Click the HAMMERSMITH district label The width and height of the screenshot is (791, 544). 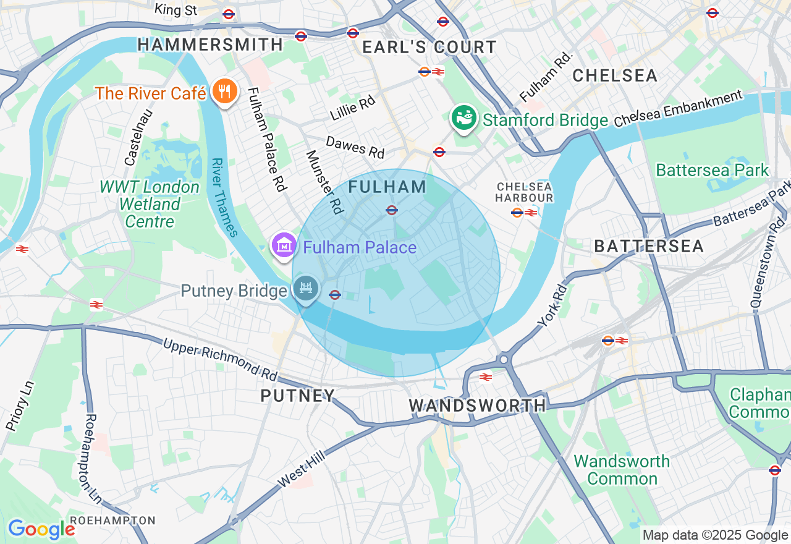point(210,45)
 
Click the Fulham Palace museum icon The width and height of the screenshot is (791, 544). point(284,245)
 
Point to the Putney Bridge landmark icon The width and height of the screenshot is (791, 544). point(305,288)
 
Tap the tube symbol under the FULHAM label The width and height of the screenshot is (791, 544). point(391,210)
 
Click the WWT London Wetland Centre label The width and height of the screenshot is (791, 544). point(150,204)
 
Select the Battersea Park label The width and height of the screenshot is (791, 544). point(712,170)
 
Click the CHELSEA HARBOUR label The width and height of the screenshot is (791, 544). point(525,192)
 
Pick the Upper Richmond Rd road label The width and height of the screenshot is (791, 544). point(220,359)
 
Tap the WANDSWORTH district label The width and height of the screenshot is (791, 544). point(477,406)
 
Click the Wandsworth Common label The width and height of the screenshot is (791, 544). point(622,470)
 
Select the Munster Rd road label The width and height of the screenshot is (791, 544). point(324,182)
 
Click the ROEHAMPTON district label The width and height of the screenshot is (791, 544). point(112,520)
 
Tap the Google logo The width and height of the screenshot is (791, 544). point(41,529)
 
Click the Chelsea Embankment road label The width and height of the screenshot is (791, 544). point(679,109)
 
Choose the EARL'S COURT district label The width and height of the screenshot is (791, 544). point(429,47)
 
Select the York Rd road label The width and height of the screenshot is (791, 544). point(551,305)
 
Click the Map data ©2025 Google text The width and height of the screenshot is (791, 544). point(715,535)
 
